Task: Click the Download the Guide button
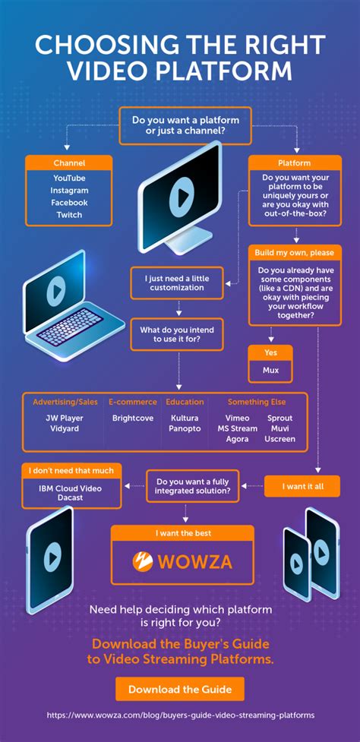pos(180,689)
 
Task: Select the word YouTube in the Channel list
pos(69,178)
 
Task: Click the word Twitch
pos(69,215)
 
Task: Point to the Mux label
pos(270,371)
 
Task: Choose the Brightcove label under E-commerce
pos(132,418)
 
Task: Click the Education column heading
pos(185,402)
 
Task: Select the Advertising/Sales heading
pos(65,402)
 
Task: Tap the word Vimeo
pos(237,418)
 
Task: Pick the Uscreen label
pos(279,439)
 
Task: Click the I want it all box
pos(302,485)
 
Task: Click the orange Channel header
pos(69,163)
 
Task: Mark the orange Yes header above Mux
pos(270,352)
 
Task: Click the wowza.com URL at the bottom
pos(180,715)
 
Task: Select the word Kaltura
pos(185,418)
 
